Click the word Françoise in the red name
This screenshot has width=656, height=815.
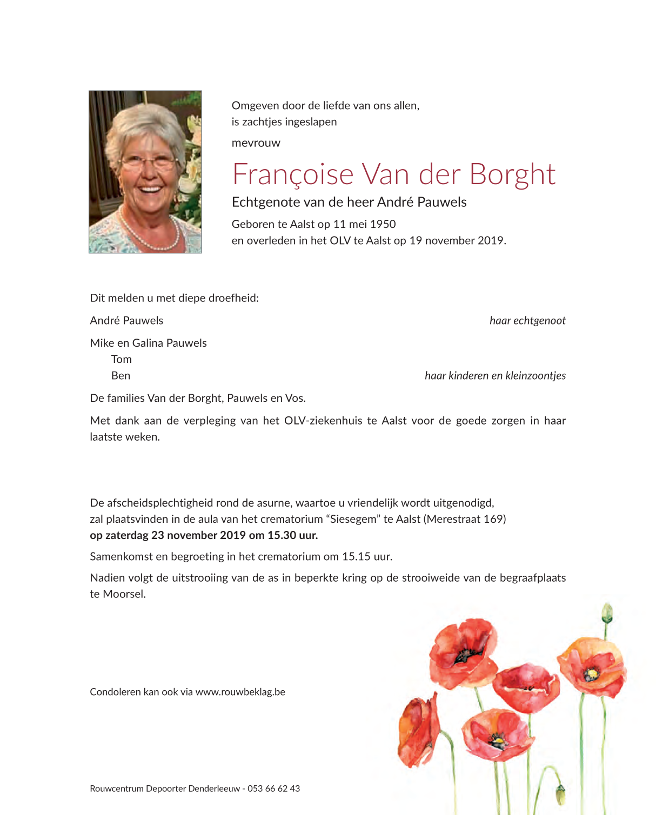292,175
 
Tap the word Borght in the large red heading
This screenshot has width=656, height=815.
512,175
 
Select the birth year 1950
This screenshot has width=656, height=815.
383,224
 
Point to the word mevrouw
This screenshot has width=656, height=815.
256,143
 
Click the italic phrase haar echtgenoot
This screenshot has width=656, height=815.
527,321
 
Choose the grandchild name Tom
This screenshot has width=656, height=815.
122,360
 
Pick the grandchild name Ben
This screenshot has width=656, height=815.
121,376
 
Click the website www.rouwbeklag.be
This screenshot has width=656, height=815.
240,692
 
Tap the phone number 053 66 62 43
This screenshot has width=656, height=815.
273,789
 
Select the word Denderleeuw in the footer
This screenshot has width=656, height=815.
214,789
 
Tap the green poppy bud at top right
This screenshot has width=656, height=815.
607,613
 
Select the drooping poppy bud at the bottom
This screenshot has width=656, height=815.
561,794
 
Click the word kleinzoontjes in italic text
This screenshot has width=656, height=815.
535,376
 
